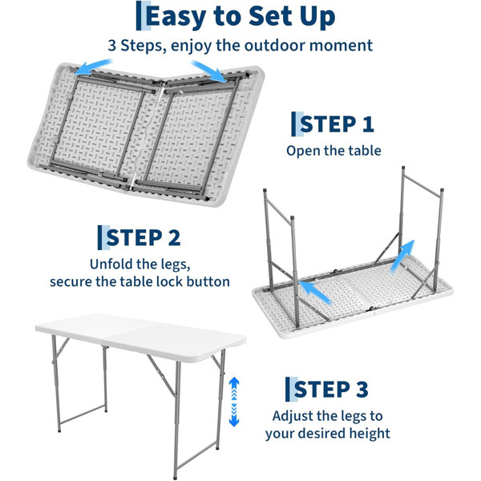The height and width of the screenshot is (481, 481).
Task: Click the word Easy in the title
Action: click(x=176, y=17)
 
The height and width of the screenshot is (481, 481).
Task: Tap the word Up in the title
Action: click(x=317, y=17)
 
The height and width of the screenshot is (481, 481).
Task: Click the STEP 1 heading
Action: click(x=337, y=124)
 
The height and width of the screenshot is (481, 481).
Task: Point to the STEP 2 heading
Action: click(x=143, y=238)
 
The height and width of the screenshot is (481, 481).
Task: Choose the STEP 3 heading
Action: click(x=331, y=390)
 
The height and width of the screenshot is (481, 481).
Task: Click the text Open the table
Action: click(x=333, y=151)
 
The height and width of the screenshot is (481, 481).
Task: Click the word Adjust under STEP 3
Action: click(x=293, y=417)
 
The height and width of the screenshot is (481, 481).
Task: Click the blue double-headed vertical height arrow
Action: click(x=234, y=402)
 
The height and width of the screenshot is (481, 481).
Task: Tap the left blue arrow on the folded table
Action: click(x=93, y=67)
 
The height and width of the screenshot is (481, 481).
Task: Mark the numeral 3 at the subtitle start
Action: click(x=112, y=46)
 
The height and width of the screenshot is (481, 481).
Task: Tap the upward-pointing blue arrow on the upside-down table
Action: click(x=402, y=256)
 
